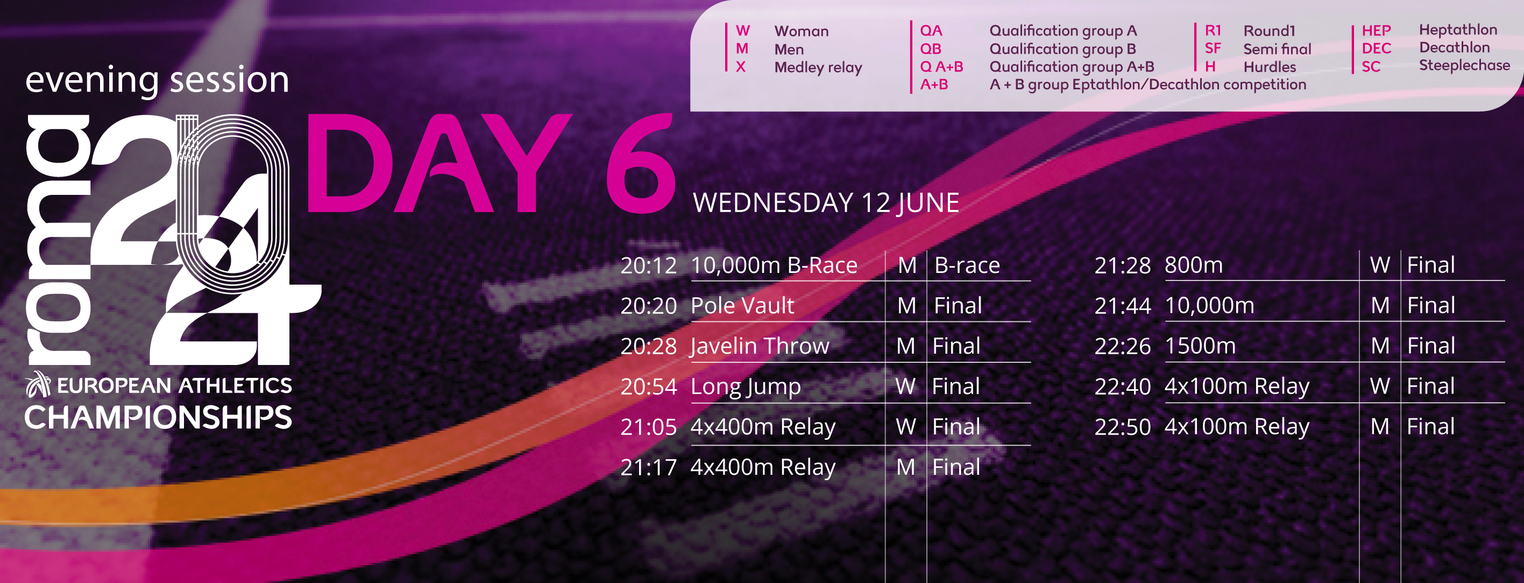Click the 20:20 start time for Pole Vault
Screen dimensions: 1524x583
(648, 306)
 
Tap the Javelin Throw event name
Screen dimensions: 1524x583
(760, 346)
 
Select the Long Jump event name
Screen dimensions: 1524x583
(746, 387)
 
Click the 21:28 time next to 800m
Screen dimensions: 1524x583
(1122, 266)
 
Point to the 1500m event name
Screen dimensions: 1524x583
(1200, 346)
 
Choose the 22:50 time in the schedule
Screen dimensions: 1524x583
(1122, 427)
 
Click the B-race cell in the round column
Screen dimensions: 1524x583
(967, 266)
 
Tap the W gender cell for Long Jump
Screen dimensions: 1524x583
(905, 387)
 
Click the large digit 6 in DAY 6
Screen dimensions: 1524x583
(641, 163)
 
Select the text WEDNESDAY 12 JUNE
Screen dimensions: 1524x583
(826, 203)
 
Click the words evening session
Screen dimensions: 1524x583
(157, 80)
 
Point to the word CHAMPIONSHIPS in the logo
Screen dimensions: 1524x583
(158, 417)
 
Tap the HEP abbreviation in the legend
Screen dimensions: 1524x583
(1376, 31)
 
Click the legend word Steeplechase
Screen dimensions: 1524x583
(1464, 65)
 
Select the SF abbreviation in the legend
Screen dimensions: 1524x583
(1213, 48)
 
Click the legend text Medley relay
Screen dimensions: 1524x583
(818, 67)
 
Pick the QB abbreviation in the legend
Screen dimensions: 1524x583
(931, 48)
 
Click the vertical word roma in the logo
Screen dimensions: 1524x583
(58, 240)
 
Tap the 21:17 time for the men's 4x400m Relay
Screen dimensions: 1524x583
(648, 468)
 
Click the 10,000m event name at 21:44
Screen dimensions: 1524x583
(1209, 306)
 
